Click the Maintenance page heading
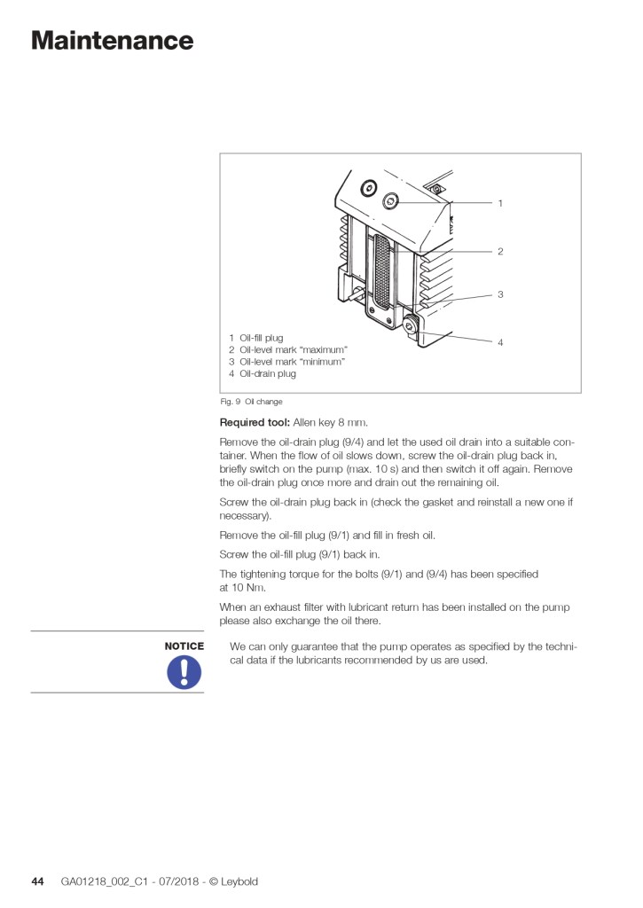point(112,41)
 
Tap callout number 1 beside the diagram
point(500,203)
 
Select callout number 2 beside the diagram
point(500,252)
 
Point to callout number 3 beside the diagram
point(500,294)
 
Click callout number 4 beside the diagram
point(500,342)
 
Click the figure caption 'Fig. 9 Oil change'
point(252,402)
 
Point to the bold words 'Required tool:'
point(255,422)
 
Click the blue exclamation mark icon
point(184,671)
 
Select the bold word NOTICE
point(184,646)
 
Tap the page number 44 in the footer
point(37,881)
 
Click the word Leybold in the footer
point(239,881)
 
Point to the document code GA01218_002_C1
point(100,881)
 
